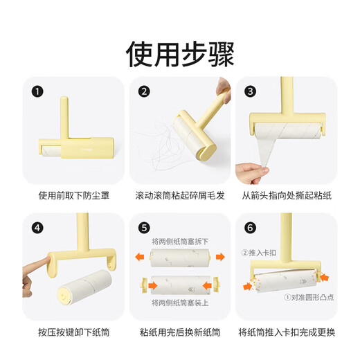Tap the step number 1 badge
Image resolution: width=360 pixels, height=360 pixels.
tap(37, 91)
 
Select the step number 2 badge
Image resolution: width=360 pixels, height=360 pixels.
tap(144, 91)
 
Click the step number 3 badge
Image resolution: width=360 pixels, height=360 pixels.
tap(251, 91)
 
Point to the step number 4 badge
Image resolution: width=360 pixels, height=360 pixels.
tap(37, 226)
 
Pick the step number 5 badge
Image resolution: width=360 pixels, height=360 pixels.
tap(144, 226)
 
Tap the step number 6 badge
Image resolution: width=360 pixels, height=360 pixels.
tap(251, 226)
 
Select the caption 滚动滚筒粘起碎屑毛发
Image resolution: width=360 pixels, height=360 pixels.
tap(180, 196)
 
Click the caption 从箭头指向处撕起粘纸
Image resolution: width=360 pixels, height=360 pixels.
tap(286, 196)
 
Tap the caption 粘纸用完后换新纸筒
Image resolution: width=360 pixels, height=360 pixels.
tap(180, 332)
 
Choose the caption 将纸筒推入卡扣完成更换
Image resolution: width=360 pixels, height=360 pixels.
tap(286, 332)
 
